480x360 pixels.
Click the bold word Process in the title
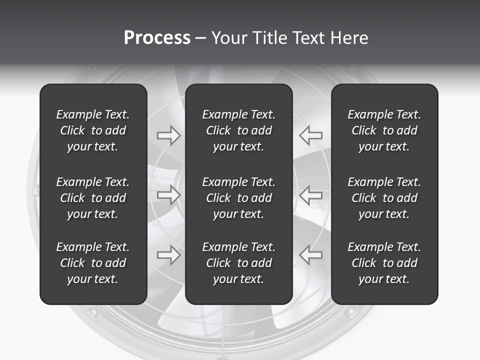point(157,38)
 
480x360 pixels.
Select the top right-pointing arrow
point(168,135)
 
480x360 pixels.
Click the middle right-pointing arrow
point(168,194)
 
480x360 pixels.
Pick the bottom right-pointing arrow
point(168,254)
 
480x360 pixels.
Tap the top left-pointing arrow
point(310,135)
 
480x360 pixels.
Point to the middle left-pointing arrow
point(310,194)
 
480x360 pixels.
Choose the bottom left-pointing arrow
point(310,254)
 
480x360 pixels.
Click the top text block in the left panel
point(93,130)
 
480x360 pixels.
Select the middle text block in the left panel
point(93,198)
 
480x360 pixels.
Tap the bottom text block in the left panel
point(93,263)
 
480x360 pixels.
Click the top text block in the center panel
point(238,130)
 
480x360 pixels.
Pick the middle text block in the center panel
point(238,198)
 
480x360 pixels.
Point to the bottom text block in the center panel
point(238,263)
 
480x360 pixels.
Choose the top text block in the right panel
point(384,130)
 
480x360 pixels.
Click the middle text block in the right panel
point(384,198)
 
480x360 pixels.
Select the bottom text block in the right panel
point(384,263)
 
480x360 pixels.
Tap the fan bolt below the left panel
point(93,312)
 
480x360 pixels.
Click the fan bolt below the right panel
point(350,312)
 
